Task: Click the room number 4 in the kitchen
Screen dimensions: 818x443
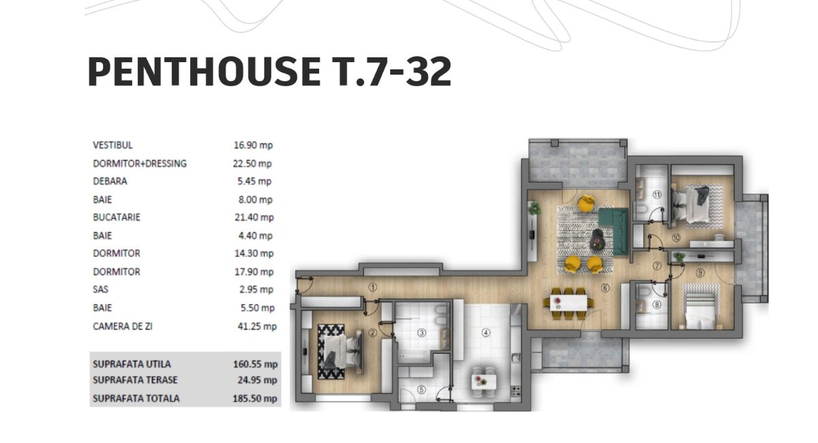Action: click(x=485, y=333)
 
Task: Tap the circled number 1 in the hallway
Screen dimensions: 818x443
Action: click(x=372, y=288)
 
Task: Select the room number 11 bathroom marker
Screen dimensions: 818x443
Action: click(x=657, y=195)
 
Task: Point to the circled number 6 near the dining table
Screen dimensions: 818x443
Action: click(x=605, y=288)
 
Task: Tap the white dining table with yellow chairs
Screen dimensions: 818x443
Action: click(x=569, y=303)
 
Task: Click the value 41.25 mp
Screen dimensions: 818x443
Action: click(x=257, y=326)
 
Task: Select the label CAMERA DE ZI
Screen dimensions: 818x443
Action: click(x=122, y=326)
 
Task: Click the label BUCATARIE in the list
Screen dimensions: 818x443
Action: click(x=117, y=217)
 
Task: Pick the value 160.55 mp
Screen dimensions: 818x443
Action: click(x=255, y=364)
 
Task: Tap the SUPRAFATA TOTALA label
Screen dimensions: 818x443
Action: click(x=136, y=398)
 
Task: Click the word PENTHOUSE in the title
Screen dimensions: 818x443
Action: click(x=204, y=72)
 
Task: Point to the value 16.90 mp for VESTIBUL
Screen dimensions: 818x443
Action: click(x=253, y=145)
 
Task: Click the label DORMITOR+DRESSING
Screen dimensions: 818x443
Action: click(x=140, y=164)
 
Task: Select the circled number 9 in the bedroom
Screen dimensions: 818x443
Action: click(x=700, y=273)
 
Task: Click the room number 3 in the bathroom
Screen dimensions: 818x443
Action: click(x=421, y=333)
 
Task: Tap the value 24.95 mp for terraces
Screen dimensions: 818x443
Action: click(x=257, y=380)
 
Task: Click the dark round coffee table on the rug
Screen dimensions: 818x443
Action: click(x=597, y=241)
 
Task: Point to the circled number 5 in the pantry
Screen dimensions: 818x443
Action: click(x=421, y=390)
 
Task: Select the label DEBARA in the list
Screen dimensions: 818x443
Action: click(x=110, y=181)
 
